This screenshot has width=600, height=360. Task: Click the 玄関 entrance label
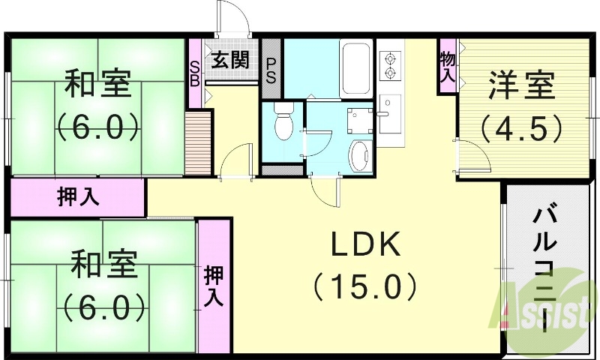point(229,60)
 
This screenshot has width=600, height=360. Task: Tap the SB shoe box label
point(193,73)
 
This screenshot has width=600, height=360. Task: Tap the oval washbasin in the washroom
point(359,154)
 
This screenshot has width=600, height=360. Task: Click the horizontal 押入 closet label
point(78,198)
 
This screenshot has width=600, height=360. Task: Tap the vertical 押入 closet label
point(214,286)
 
